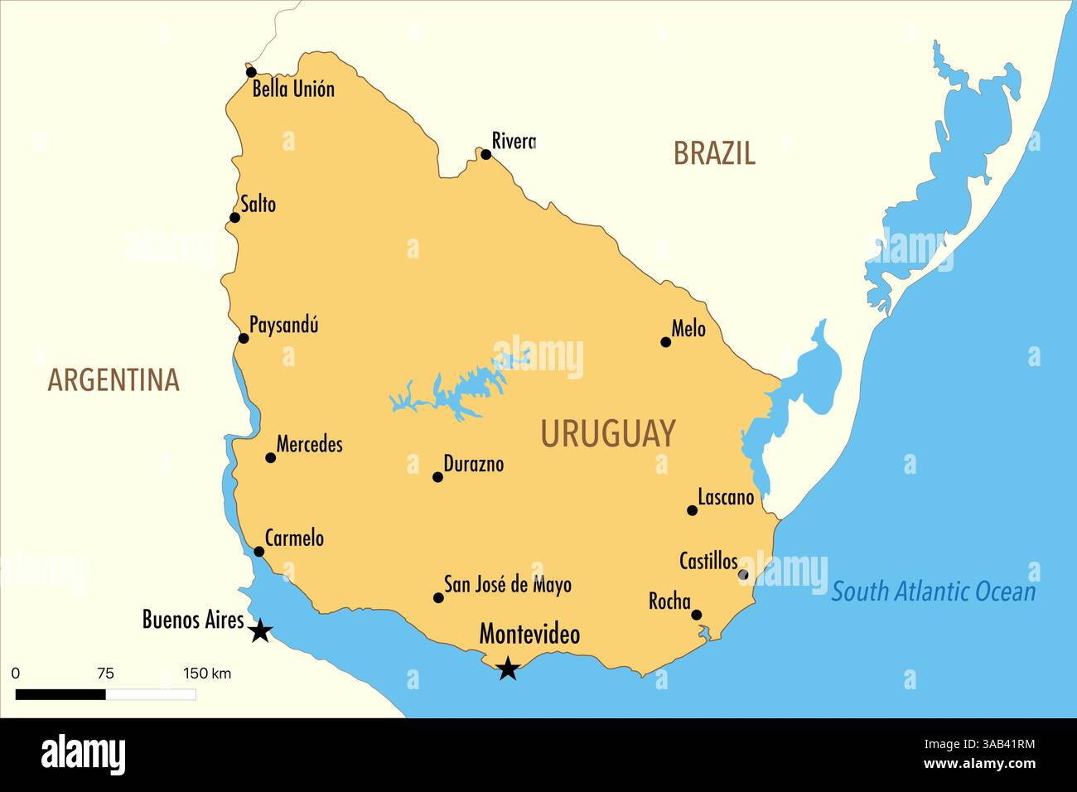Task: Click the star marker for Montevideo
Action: [x=508, y=668]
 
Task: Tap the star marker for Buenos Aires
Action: [x=260, y=630]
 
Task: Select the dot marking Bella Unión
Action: [x=251, y=72]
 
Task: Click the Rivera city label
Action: [x=514, y=141]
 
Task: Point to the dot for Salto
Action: [x=234, y=218]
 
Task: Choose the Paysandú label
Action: [x=283, y=325]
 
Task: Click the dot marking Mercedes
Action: [x=270, y=457]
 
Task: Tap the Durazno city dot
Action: [x=437, y=476]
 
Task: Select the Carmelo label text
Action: [x=294, y=538]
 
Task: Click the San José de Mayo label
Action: [x=507, y=585]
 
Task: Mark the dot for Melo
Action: [x=665, y=341]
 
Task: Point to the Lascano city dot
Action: [x=692, y=510]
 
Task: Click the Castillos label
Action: [x=708, y=562]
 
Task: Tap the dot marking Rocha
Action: [x=696, y=615]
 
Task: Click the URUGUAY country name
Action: [x=608, y=434]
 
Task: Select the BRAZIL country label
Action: [x=713, y=153]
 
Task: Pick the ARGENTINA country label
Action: [x=113, y=379]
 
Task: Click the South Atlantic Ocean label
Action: [x=933, y=592]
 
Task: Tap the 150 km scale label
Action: [x=207, y=673]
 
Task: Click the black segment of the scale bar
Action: [x=60, y=694]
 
